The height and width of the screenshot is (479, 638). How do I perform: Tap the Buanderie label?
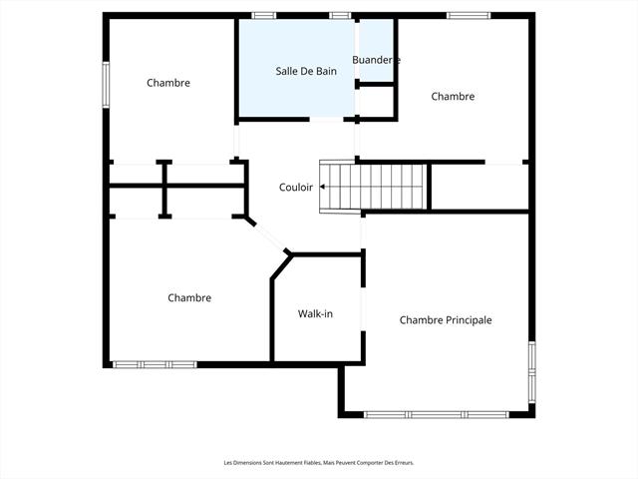376,60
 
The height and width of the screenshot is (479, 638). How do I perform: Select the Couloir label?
295,187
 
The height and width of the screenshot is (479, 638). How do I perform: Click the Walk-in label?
315,314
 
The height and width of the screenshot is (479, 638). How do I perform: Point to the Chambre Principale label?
446,320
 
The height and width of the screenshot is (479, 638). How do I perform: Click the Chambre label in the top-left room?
167,83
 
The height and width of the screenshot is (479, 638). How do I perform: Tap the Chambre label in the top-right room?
453,97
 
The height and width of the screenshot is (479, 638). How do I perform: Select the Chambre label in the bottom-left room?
189,297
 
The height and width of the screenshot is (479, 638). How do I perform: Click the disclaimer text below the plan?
319,462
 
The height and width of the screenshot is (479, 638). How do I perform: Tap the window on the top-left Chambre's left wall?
106,82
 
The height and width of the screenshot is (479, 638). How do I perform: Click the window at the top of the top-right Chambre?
468,15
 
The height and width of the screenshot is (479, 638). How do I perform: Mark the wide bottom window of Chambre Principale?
435,414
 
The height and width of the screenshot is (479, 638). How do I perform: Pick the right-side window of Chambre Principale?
531,371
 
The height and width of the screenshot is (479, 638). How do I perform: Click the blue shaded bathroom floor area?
295,95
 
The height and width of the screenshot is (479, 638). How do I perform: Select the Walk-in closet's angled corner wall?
281,266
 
